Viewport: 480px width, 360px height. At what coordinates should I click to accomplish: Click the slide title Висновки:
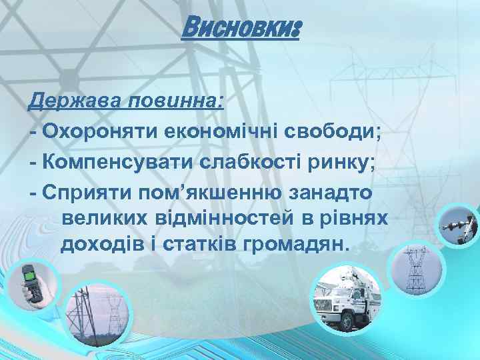(x=240, y=29)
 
